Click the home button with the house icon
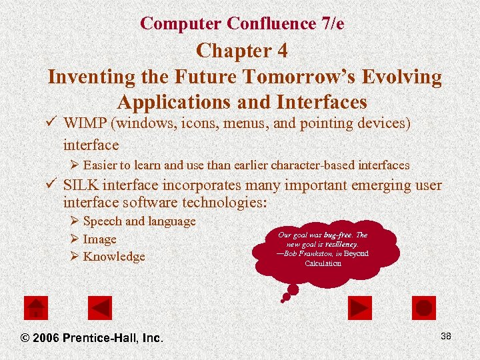coord(35,307)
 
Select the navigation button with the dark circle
coord(424,307)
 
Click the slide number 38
coord(445,336)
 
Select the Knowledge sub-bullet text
coord(114,257)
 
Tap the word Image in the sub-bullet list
coord(99,239)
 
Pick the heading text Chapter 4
coord(243,51)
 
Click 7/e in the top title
coord(332,23)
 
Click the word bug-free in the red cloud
coord(338,235)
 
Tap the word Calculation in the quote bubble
coord(323,263)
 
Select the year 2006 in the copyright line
coord(45,338)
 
